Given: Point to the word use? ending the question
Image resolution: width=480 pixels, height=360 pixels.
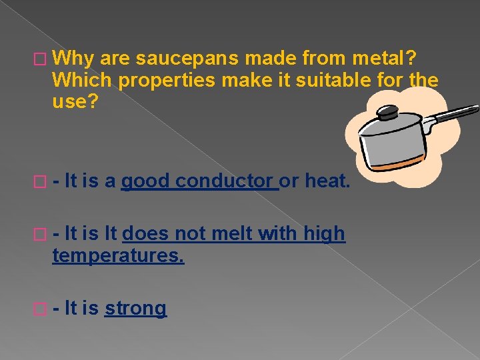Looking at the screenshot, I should pyautogui.click(x=73, y=102).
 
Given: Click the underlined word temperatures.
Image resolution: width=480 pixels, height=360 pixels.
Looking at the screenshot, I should pyautogui.click(x=118, y=255).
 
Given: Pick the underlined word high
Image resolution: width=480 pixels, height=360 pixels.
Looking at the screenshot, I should pyautogui.click(x=325, y=234).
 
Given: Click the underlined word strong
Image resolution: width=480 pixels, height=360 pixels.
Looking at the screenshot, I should pyautogui.click(x=135, y=308).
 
